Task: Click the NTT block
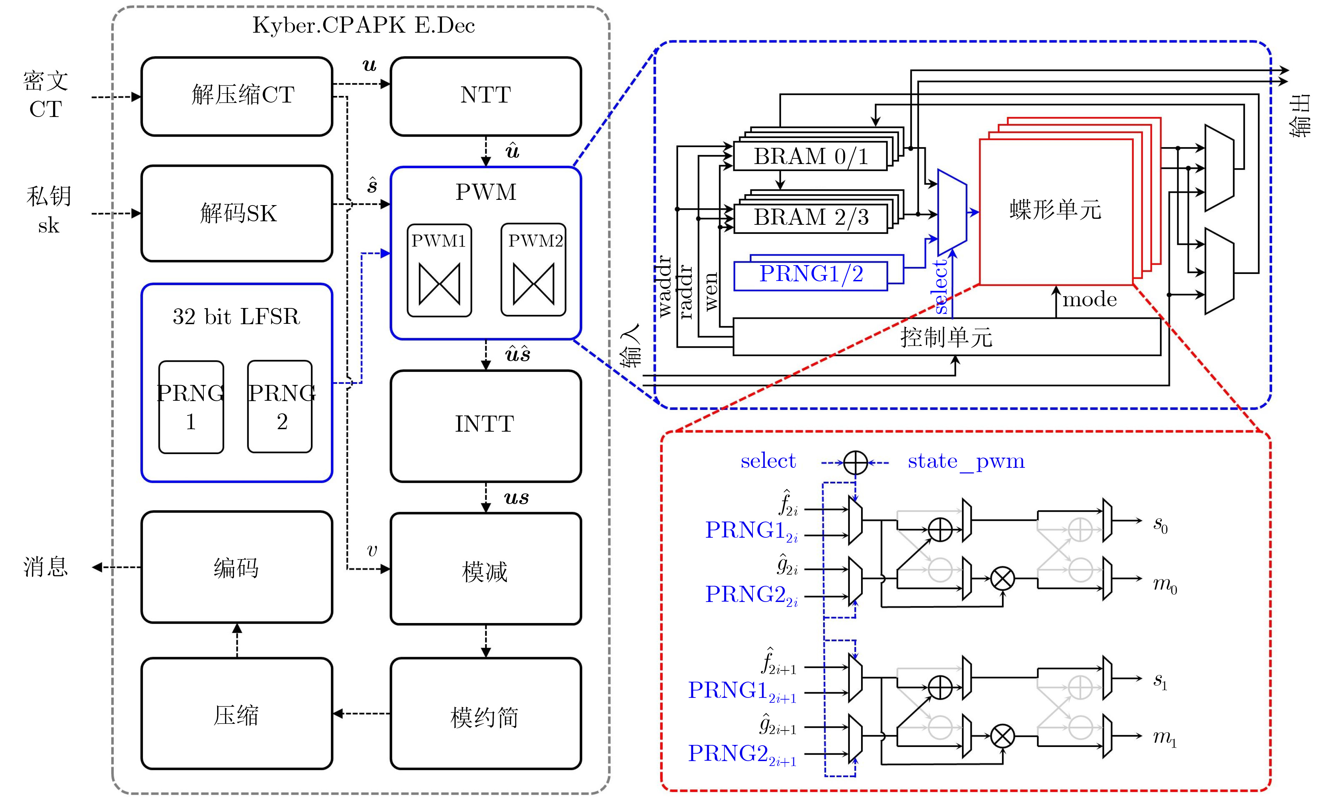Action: tap(485, 96)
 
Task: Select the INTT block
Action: tap(485, 425)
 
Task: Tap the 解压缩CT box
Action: tap(237, 96)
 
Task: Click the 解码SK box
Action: tap(237, 213)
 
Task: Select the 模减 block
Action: tap(485, 569)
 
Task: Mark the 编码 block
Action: tap(237, 567)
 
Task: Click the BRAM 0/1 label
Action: tap(811, 157)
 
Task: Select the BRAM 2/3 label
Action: tap(811, 217)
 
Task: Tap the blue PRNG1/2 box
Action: tap(811, 275)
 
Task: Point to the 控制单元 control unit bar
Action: tap(946, 337)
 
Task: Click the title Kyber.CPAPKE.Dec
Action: tap(364, 25)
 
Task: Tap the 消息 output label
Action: tap(46, 567)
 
